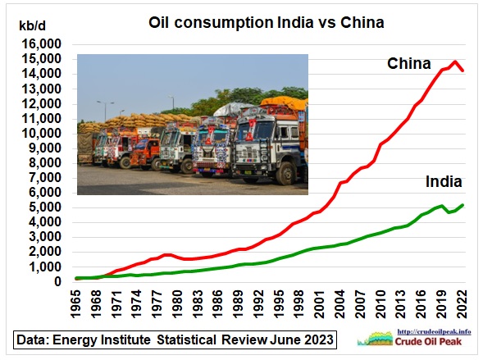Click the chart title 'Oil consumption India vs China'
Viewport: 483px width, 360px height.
pyautogui.click(x=267, y=22)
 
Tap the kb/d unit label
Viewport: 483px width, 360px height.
pyautogui.click(x=32, y=26)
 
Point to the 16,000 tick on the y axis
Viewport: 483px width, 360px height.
pyautogui.click(x=42, y=44)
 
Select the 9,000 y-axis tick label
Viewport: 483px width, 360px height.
pyautogui.click(x=45, y=148)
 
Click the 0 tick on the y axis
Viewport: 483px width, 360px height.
pyautogui.click(x=58, y=281)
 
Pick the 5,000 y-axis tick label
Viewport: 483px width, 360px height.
pyautogui.click(x=45, y=207)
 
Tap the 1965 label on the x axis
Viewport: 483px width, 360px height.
pyautogui.click(x=75, y=303)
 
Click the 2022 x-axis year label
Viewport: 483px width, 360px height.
pyautogui.click(x=462, y=303)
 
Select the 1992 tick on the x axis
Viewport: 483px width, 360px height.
pyautogui.click(x=258, y=303)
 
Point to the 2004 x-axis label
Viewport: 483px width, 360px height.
pyautogui.click(x=339, y=303)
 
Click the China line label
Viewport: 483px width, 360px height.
pyautogui.click(x=409, y=63)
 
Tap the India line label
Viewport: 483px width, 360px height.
pyautogui.click(x=444, y=182)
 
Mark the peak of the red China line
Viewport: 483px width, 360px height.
pyautogui.click(x=455, y=62)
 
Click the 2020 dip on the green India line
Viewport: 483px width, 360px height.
pyautogui.click(x=449, y=212)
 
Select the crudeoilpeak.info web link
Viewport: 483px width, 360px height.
pyautogui.click(x=434, y=331)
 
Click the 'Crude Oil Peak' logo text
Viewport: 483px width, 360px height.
pyautogui.click(x=429, y=341)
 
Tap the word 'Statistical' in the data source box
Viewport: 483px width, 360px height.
pyautogui.click(x=186, y=340)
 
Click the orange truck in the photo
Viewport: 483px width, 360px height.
pyautogui.click(x=145, y=153)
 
